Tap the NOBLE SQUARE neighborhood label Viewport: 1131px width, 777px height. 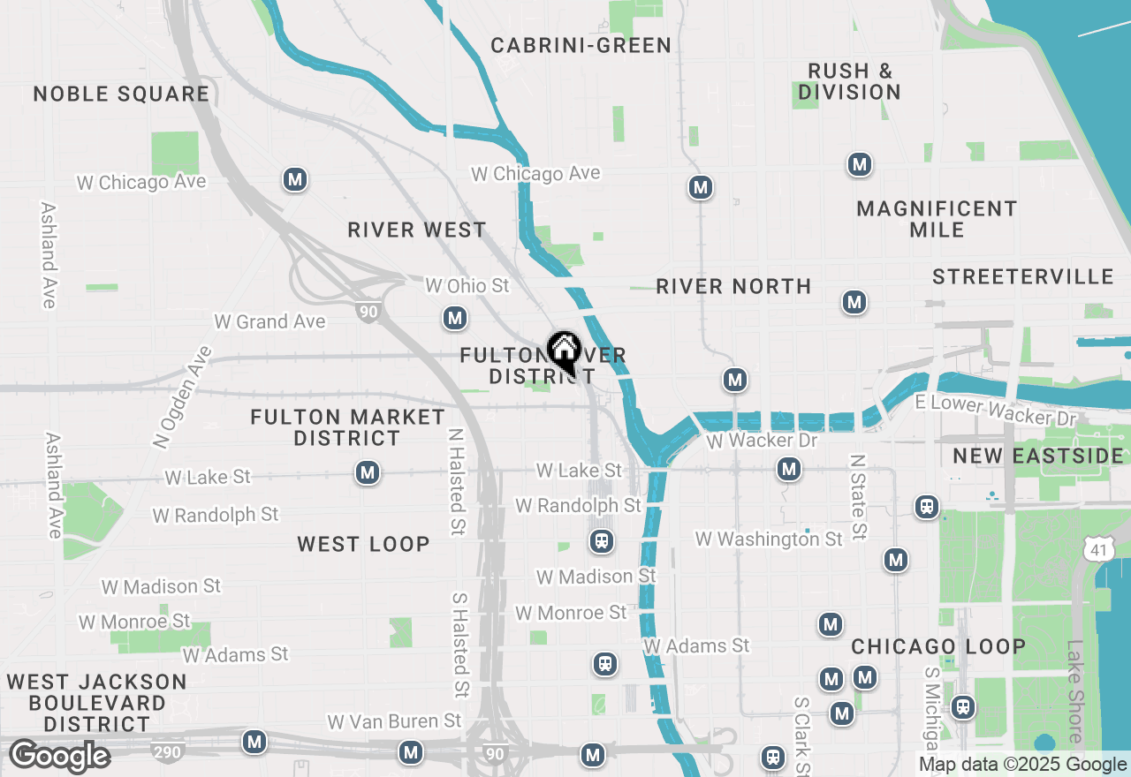pos(122,94)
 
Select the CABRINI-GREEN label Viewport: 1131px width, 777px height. pos(581,46)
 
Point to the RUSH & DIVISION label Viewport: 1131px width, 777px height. pos(849,81)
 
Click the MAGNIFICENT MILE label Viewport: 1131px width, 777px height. pos(937,219)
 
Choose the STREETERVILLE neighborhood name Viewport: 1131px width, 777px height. pos(1023,277)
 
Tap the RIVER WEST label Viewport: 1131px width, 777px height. pos(417,230)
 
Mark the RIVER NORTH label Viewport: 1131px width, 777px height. pos(733,287)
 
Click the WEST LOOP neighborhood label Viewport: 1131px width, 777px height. pos(364,545)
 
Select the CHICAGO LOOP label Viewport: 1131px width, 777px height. pos(938,647)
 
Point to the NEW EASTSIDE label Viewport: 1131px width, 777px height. pos(1038,456)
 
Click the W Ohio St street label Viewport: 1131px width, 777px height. pos(467,286)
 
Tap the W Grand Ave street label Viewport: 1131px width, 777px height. pos(269,322)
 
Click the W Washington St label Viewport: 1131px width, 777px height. pos(769,539)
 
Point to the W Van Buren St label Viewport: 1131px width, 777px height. pos(394,722)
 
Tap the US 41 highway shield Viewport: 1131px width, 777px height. pos(1096,550)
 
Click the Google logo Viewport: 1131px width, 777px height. pos(59,757)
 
